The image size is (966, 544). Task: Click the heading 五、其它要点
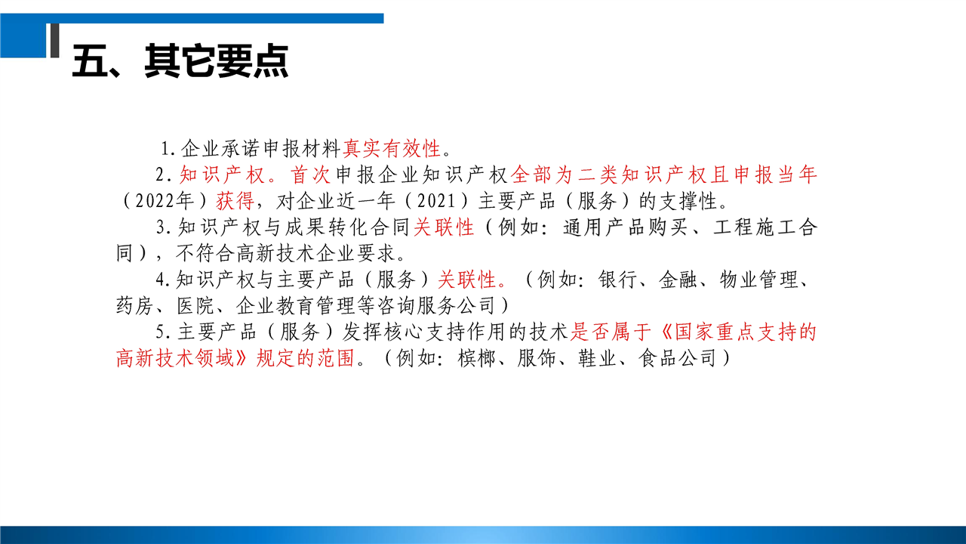click(x=180, y=61)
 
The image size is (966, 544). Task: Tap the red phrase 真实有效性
click(x=392, y=149)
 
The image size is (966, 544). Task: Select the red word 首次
click(x=310, y=175)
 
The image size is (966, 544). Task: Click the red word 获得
click(x=235, y=201)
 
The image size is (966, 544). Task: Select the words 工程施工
click(x=755, y=227)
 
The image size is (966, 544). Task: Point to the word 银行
click(x=617, y=280)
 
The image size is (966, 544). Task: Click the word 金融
click(x=678, y=280)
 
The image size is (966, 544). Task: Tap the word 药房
click(x=134, y=306)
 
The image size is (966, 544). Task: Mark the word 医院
click(x=195, y=306)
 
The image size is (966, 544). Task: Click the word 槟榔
click(x=476, y=358)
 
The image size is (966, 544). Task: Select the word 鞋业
click(x=597, y=358)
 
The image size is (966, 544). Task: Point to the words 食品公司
click(x=677, y=358)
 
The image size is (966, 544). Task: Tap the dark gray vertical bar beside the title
click(x=55, y=40)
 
